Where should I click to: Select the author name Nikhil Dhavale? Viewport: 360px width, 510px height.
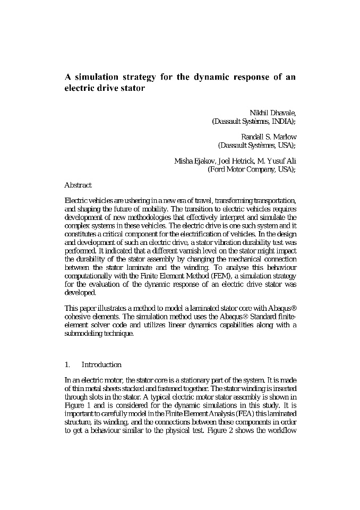(272, 113)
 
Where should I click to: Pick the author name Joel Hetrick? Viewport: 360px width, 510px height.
(242, 161)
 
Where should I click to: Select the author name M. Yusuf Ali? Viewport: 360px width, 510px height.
(280, 161)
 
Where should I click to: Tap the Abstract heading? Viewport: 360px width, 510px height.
(78, 185)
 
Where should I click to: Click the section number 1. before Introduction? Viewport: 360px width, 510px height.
(67, 364)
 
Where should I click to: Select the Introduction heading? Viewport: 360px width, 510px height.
(101, 364)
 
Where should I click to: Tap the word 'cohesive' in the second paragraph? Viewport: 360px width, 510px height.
(78, 318)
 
